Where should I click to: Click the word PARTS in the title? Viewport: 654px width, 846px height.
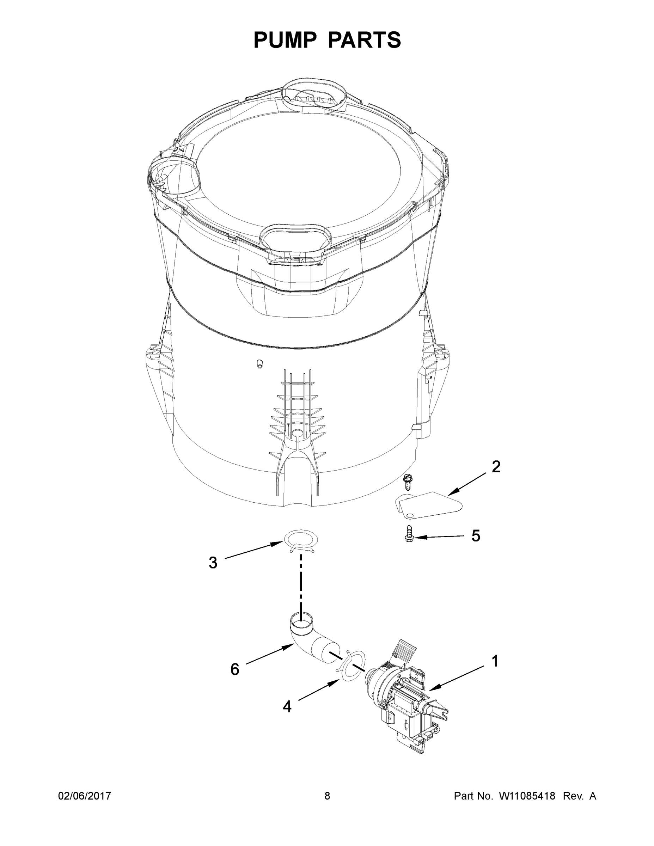coord(365,40)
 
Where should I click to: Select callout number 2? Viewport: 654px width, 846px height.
coord(496,467)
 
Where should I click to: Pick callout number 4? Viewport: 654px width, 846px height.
coord(287,706)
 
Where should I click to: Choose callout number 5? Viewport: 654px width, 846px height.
coord(476,536)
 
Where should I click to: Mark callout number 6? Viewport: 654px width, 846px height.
coord(235,669)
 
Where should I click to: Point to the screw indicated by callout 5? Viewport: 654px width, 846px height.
coord(408,533)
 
